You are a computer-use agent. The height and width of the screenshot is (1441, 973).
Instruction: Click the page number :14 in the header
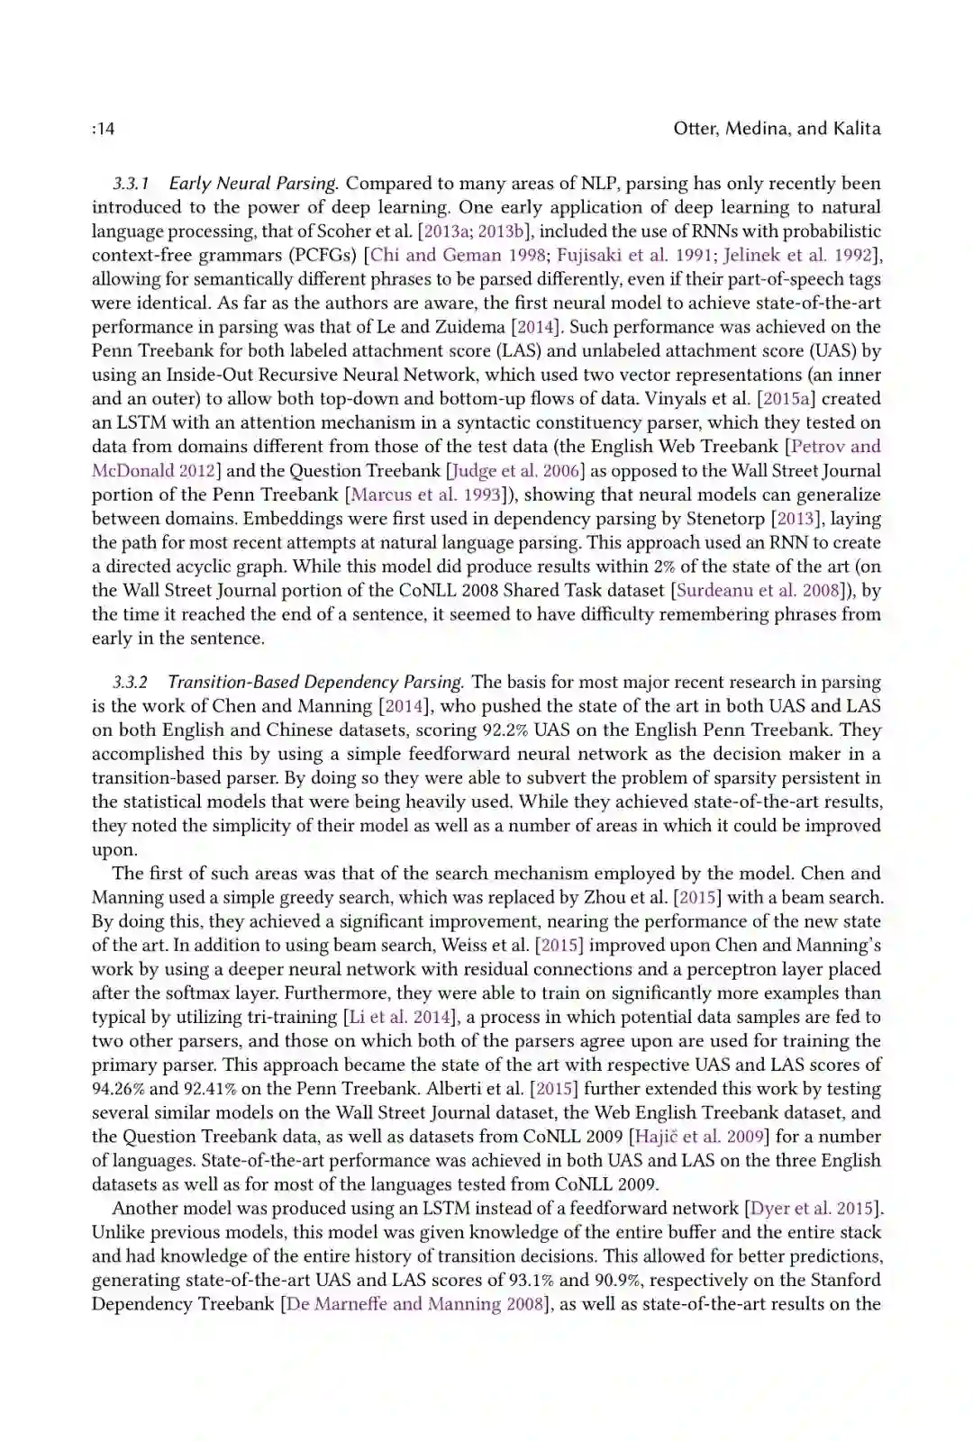tap(104, 129)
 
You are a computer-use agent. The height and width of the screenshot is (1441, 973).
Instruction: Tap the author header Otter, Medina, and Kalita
tap(777, 129)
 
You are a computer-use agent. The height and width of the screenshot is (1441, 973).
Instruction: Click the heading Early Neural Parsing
tap(253, 184)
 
